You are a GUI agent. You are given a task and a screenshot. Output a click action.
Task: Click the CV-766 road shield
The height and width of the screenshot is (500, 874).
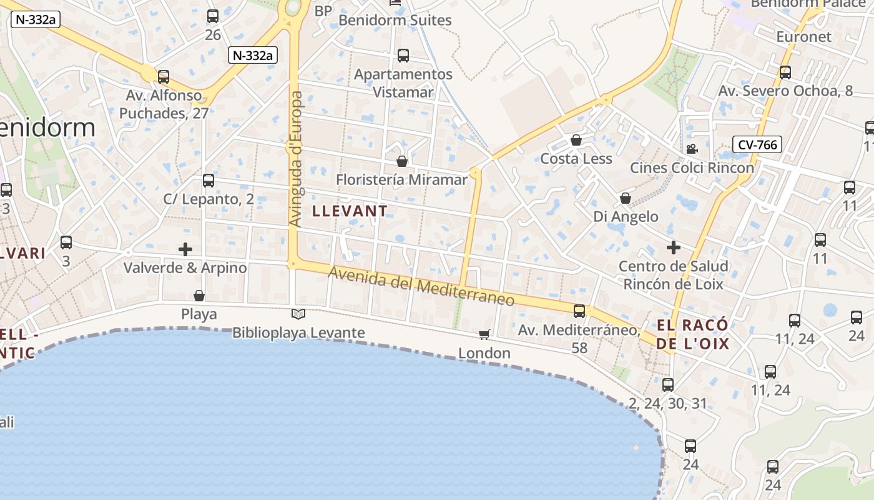tap(757, 145)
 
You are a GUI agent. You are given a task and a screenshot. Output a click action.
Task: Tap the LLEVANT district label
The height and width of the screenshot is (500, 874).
tap(350, 211)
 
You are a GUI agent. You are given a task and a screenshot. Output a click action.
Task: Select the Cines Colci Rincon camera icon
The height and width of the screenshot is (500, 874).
tap(692, 149)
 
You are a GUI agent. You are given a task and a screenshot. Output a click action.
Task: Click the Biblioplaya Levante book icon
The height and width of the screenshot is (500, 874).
tap(298, 314)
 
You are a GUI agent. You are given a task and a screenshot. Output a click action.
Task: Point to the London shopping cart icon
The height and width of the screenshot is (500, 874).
tap(484, 335)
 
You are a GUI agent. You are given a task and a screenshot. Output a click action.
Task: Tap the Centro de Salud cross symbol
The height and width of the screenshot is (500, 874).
tap(673, 247)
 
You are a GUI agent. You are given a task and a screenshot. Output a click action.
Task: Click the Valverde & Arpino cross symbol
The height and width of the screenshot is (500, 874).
tap(185, 249)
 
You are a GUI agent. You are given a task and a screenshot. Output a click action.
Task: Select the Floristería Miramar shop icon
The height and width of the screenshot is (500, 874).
tap(402, 161)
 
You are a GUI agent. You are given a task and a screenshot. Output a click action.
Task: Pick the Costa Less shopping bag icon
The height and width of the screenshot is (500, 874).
tap(576, 140)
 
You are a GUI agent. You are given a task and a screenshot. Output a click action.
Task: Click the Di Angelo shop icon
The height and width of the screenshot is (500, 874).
tap(625, 198)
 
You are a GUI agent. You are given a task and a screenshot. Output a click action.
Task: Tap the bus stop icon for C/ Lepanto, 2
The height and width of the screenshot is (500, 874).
tap(209, 181)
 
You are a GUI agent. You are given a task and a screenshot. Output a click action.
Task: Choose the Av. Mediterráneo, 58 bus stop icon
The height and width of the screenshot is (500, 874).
tap(579, 311)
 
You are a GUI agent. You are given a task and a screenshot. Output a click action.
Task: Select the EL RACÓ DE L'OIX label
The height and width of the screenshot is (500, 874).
tap(692, 334)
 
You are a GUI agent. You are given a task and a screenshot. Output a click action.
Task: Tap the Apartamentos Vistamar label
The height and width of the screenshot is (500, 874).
tap(403, 83)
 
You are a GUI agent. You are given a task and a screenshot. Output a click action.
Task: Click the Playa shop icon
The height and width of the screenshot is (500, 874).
tap(199, 296)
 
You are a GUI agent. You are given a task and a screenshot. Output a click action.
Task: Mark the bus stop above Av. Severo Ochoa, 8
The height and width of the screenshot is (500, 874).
tap(785, 72)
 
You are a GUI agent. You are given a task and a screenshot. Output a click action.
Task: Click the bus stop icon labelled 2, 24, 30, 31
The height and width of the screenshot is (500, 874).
tap(668, 384)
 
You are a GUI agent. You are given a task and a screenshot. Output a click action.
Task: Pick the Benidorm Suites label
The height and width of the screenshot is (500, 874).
tap(395, 20)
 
